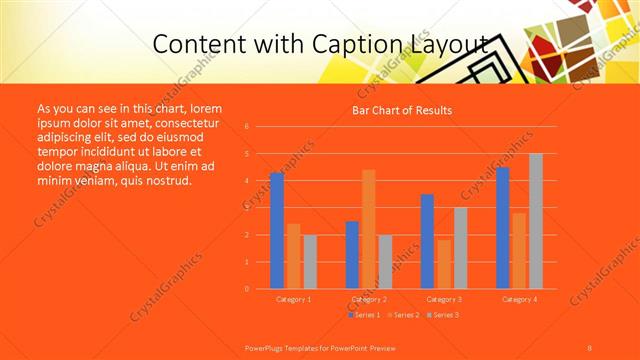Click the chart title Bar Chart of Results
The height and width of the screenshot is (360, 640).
401,110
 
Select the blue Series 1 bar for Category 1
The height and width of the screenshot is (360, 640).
277,231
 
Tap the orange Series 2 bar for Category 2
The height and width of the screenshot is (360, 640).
368,229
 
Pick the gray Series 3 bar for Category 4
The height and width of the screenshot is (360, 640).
536,221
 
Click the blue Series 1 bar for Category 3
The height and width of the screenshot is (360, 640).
427,241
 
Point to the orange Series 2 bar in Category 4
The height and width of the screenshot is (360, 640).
518,251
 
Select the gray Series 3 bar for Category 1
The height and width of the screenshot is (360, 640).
310,262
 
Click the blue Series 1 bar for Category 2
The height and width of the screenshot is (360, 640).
352,255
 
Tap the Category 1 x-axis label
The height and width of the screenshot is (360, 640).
293,299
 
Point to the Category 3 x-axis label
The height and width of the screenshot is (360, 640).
443,299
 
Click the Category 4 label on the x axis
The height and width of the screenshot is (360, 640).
519,299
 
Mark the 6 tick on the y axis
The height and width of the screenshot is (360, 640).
246,127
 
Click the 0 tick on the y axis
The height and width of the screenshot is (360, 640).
246,289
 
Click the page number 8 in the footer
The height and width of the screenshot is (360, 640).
590,347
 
